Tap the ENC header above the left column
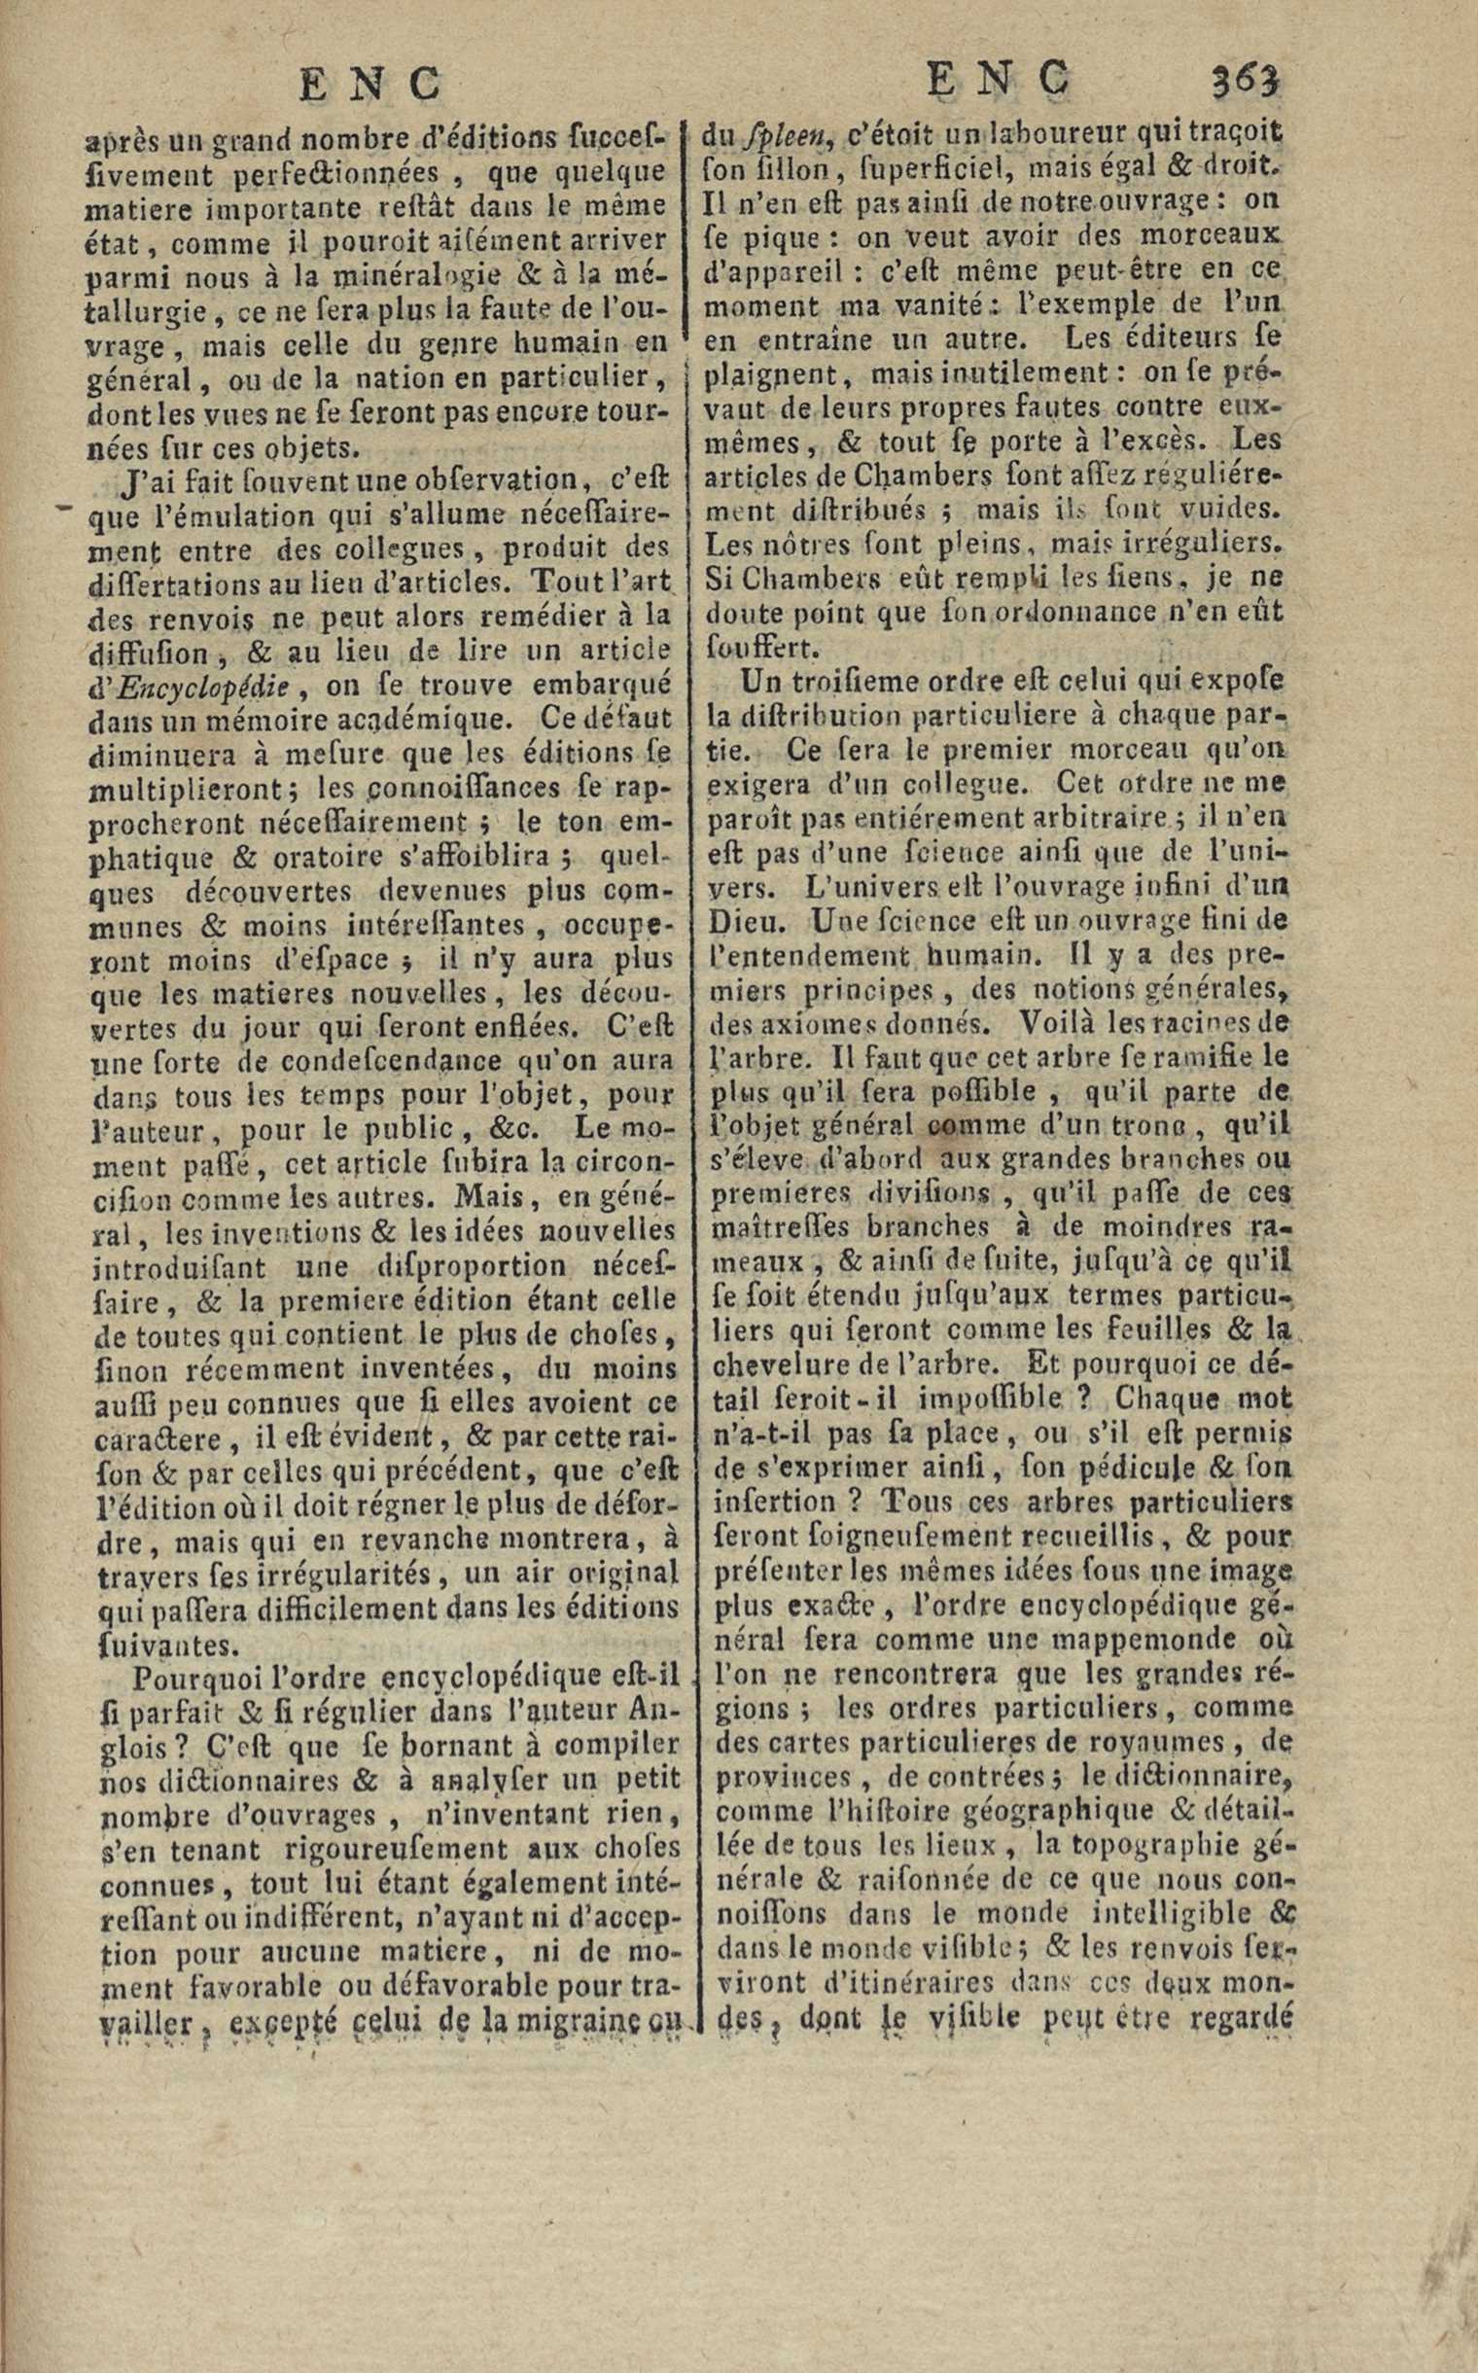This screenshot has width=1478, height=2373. pos(369,84)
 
